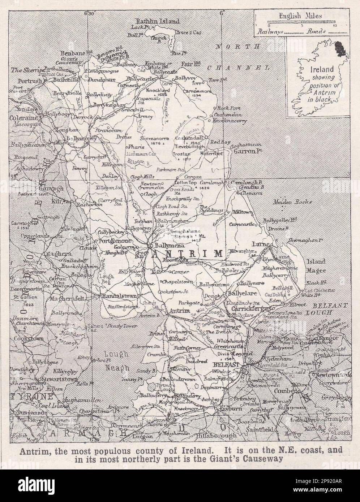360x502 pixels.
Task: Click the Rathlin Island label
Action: (156, 21)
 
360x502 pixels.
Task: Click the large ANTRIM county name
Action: (187, 254)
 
